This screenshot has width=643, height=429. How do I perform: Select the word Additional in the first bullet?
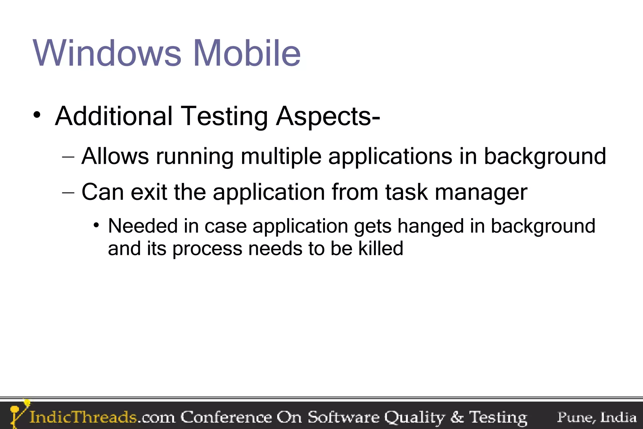tap(114, 116)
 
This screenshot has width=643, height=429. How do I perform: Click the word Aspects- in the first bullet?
tap(328, 117)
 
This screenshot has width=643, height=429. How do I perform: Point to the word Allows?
tap(115, 156)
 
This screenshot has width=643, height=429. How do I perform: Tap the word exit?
tap(149, 192)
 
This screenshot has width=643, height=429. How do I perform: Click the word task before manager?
tap(406, 192)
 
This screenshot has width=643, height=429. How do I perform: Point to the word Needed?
tap(143, 226)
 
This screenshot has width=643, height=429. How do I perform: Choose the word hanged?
tap(430, 226)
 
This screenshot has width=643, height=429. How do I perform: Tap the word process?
tap(207, 249)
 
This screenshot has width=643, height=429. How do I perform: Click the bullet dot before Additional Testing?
tap(37, 115)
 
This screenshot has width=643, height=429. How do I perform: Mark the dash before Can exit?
tap(68, 192)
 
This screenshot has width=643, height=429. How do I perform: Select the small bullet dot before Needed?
tap(96, 225)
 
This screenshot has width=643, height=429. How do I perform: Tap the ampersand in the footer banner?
tap(457, 417)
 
